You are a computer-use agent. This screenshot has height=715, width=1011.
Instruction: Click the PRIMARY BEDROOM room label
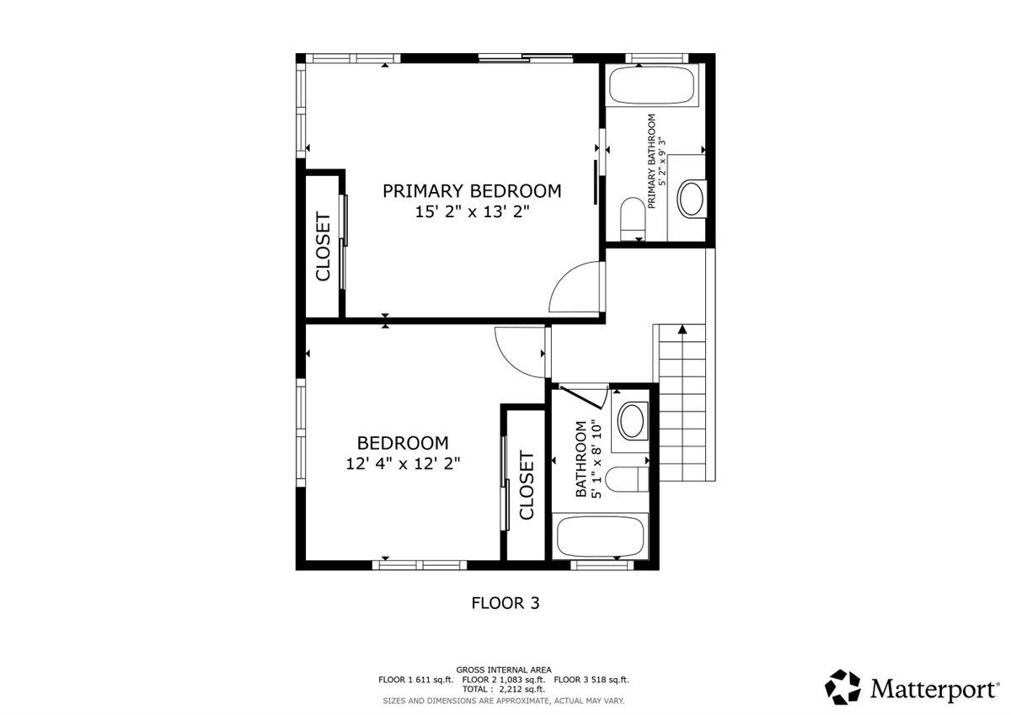click(x=472, y=191)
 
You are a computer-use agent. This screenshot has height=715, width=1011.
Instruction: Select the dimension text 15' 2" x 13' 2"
click(x=472, y=211)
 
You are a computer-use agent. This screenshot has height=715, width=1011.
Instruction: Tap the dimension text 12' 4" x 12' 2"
click(x=403, y=464)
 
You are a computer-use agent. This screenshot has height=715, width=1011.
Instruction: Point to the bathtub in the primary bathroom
click(x=651, y=85)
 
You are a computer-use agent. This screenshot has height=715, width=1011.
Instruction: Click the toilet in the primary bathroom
click(x=633, y=219)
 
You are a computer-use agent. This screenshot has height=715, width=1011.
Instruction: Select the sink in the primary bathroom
click(x=691, y=199)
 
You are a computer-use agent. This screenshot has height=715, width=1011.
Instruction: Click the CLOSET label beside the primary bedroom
click(x=324, y=246)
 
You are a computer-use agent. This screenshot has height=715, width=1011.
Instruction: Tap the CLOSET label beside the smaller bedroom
click(x=527, y=485)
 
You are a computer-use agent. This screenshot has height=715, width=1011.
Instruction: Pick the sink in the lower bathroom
click(x=633, y=421)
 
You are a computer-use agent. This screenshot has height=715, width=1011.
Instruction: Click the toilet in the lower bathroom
click(x=627, y=479)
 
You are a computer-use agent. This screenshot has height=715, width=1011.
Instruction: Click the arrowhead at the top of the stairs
click(x=682, y=329)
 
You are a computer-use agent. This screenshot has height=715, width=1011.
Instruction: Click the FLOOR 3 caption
click(x=505, y=603)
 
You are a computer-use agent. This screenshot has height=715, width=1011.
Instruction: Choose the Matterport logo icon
click(x=842, y=687)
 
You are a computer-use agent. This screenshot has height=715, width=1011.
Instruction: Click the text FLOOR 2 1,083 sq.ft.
click(x=504, y=680)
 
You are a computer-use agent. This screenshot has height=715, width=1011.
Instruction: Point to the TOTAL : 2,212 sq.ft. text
click(x=504, y=689)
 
